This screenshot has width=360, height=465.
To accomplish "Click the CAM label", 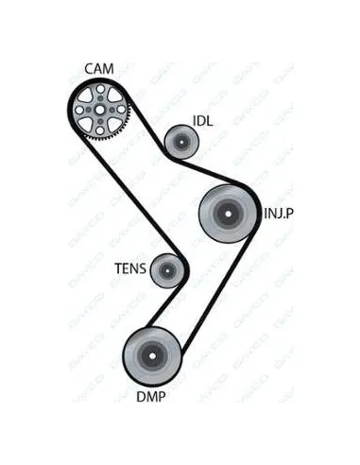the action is pyautogui.click(x=99, y=69).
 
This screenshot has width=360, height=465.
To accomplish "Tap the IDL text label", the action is pyautogui.click(x=203, y=121).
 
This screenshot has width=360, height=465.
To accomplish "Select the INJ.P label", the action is pyautogui.click(x=279, y=214).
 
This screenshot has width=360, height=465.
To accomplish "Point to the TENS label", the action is pyautogui.click(x=130, y=268).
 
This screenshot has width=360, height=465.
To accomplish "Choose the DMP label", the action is pyautogui.click(x=151, y=397).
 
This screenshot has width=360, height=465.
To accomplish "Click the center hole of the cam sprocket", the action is pyautogui.click(x=99, y=110).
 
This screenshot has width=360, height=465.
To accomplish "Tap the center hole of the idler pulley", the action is pyautogui.click(x=181, y=142).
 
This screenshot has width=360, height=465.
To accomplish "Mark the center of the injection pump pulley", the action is pyautogui.click(x=228, y=214).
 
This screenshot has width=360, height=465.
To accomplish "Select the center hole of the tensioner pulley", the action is pyautogui.click(x=167, y=270).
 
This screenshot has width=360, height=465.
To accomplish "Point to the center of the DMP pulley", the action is pyautogui.click(x=152, y=356).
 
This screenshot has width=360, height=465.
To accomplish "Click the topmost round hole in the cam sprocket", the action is pyautogui.click(x=100, y=89).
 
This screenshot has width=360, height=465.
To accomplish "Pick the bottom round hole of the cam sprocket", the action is pyautogui.click(x=100, y=129).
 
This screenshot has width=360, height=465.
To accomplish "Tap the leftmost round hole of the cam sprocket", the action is pyautogui.click(x=79, y=110).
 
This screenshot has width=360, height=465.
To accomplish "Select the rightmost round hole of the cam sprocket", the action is pyautogui.click(x=121, y=110).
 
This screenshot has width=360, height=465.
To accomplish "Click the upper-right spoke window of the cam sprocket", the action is pyautogui.click(x=113, y=95).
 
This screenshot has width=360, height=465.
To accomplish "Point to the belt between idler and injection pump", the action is pyautogui.click(x=208, y=171).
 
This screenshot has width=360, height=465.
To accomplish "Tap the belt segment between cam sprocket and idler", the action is pyautogui.click(x=146, y=125).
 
